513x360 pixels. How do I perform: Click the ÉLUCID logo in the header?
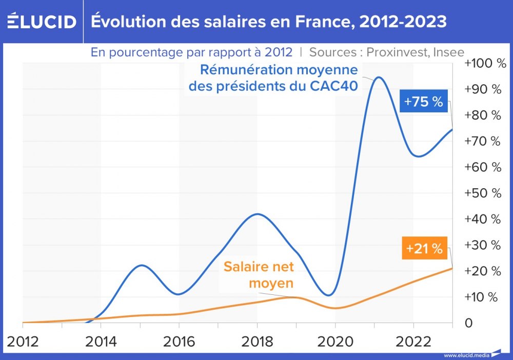(42, 22)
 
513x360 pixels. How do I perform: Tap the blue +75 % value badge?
(423, 102)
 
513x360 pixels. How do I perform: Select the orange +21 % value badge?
(424, 249)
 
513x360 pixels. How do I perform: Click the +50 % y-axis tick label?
(482, 193)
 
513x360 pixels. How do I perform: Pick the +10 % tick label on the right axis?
(482, 297)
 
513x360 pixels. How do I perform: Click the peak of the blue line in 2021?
(379, 77)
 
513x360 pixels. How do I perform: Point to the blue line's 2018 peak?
(258, 214)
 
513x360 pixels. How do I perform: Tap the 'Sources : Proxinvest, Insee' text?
(387, 52)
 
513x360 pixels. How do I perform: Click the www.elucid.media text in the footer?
(466, 355)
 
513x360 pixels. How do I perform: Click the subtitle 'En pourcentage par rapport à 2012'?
(191, 52)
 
